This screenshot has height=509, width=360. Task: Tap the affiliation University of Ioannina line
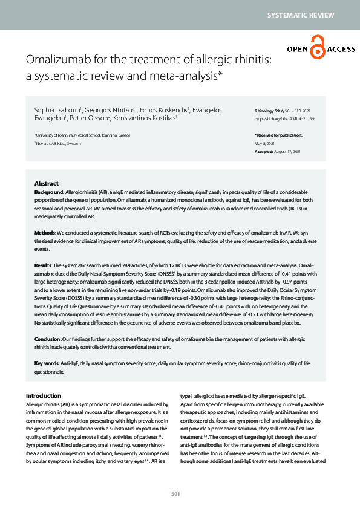(82, 135)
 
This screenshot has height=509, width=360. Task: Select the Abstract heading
(47, 183)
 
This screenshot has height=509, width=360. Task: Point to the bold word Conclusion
(47, 339)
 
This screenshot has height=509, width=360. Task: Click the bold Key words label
(47, 363)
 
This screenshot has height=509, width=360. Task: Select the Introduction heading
(44, 395)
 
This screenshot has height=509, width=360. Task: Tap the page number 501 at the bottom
(176, 494)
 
